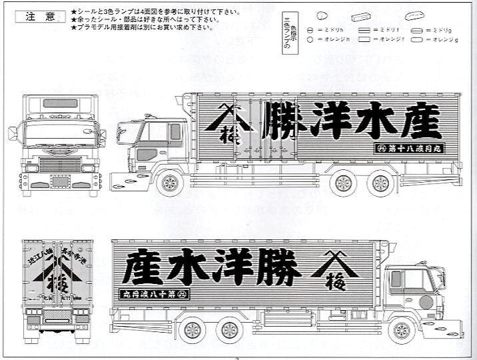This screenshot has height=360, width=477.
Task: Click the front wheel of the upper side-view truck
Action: [x=169, y=181]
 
